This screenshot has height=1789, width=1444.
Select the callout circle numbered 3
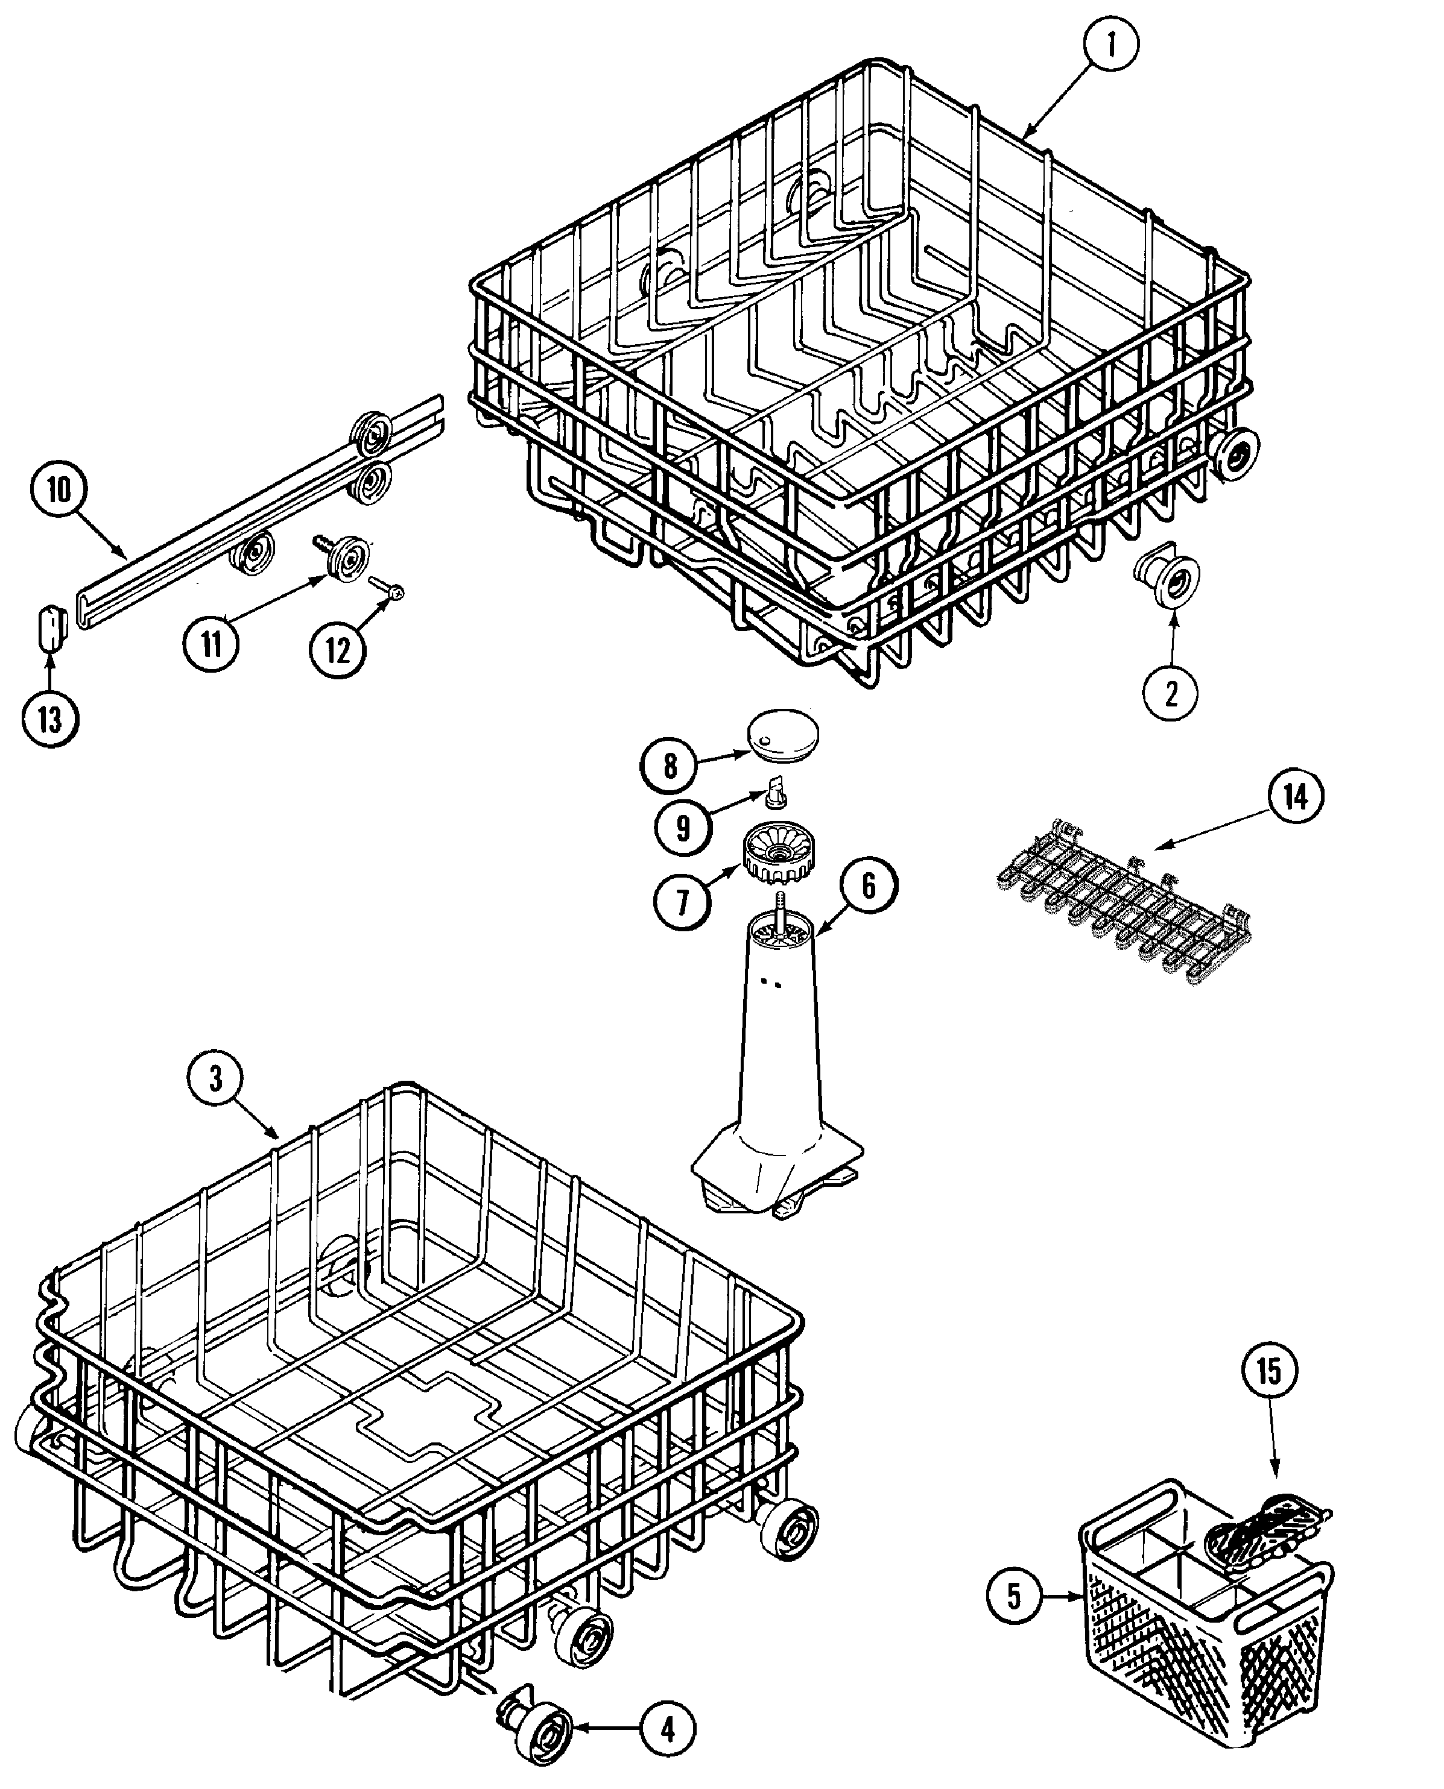215,1079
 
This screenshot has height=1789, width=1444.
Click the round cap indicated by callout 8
783,734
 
